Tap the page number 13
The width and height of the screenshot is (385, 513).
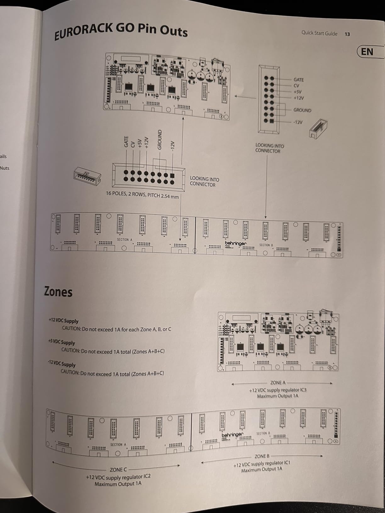347,34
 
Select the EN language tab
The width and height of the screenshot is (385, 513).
367,52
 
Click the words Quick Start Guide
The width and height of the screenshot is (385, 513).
319,33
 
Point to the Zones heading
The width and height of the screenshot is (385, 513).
58,292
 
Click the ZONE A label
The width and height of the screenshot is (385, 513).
278,383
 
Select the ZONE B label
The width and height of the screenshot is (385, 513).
262,456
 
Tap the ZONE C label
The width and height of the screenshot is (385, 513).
118,470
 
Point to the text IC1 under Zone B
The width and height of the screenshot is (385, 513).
287,463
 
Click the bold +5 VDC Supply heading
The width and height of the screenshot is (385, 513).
62,342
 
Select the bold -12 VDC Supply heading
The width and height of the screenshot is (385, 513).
62,364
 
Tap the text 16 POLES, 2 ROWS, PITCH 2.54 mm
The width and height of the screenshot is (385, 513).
142,195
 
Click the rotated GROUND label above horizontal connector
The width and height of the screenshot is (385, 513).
160,140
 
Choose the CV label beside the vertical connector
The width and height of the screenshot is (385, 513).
296,86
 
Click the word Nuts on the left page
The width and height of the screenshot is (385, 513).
5,168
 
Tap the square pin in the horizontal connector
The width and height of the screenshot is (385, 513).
172,176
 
